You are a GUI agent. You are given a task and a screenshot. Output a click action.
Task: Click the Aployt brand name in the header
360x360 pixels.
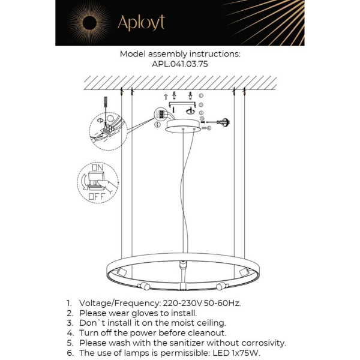point(140,23)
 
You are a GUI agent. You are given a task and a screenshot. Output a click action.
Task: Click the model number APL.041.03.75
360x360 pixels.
point(179,64)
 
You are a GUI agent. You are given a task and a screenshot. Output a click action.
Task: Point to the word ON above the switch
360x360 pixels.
point(96,168)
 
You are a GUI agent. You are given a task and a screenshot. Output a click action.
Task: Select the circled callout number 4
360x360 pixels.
point(157,125)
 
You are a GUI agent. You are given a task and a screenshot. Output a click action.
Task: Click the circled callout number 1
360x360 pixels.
point(201,95)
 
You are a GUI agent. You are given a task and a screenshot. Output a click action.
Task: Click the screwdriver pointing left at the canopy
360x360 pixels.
point(225,120)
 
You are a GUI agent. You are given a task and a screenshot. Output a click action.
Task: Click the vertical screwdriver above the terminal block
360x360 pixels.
point(105,105)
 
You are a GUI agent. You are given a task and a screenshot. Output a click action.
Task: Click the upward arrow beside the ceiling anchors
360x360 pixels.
point(167,96)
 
